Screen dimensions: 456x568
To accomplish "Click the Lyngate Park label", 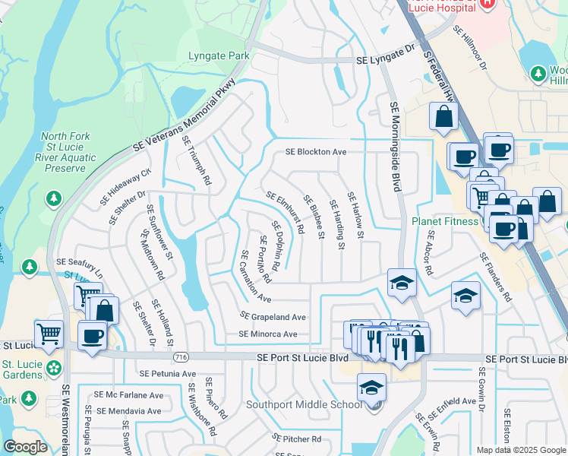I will (219, 56).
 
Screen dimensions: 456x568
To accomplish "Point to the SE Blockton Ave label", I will (316, 152).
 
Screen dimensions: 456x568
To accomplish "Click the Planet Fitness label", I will (447, 222).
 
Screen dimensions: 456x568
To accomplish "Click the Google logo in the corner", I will (25, 447).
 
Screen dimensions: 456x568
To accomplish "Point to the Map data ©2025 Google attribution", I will (521, 450).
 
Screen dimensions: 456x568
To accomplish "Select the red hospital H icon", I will (487, 4).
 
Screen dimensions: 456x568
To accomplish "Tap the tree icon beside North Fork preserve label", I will (52, 199).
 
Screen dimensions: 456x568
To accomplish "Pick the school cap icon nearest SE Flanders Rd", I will (465, 296).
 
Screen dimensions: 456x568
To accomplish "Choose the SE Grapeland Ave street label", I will (273, 316).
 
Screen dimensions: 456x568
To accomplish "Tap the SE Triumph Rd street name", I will (195, 161).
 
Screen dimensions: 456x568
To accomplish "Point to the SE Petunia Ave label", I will (168, 374).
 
